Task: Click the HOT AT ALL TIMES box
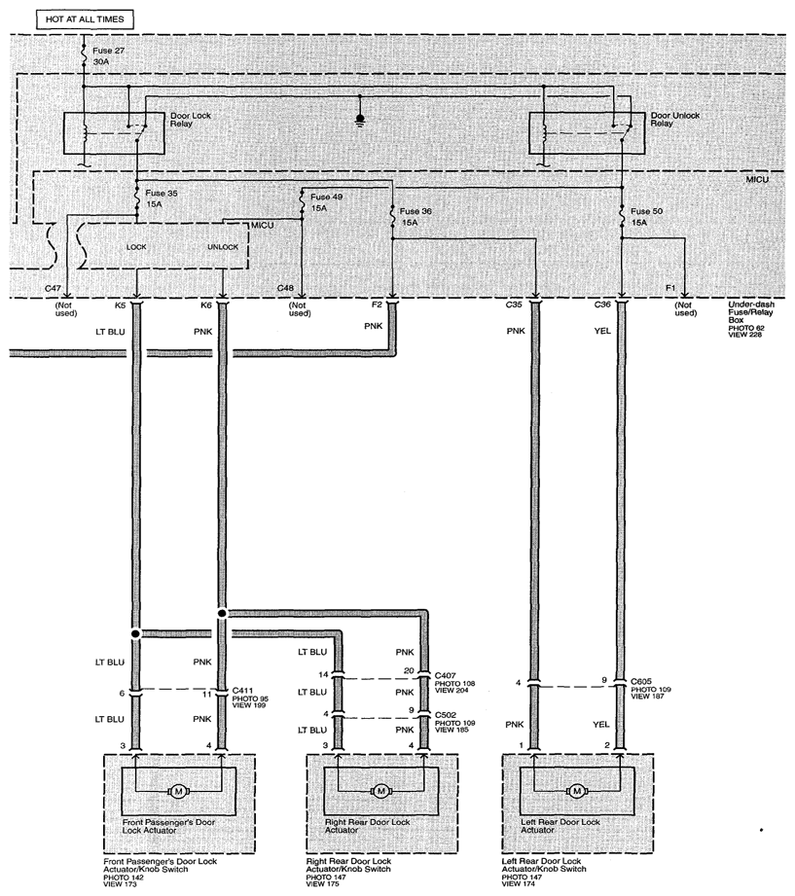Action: coord(85,19)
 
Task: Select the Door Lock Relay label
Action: coord(191,119)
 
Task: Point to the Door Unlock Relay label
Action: coord(675,119)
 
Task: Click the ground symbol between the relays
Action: coord(360,121)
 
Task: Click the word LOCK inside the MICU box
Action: coord(136,247)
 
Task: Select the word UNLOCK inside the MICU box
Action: coord(223,247)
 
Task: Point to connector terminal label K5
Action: coord(120,305)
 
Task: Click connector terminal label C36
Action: coord(602,305)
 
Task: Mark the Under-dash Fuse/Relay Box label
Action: coord(751,319)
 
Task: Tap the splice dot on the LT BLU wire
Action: coord(135,633)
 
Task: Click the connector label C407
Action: coord(446,675)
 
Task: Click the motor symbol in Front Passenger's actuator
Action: coord(178,792)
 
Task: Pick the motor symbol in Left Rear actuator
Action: coord(577,792)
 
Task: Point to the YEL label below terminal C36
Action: coord(602,331)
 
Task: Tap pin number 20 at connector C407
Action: coord(409,670)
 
